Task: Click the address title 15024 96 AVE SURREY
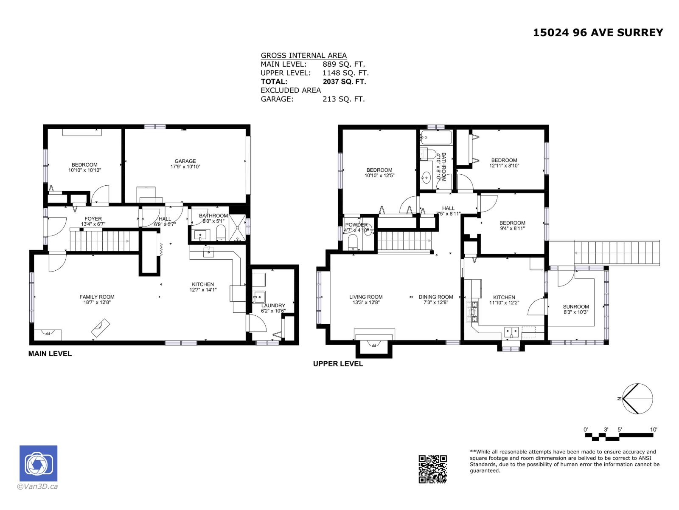click(598, 33)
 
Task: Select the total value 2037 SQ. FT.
click(344, 82)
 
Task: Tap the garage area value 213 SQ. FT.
click(343, 99)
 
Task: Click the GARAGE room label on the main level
click(185, 161)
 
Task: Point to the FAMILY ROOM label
click(97, 297)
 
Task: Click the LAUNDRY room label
click(273, 306)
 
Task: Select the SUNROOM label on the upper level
click(575, 307)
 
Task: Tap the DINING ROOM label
click(435, 297)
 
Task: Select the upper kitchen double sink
click(512, 331)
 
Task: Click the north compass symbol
click(637, 399)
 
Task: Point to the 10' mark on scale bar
click(654, 430)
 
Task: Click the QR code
click(432, 469)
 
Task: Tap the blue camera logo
click(38, 463)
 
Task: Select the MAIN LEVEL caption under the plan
click(50, 354)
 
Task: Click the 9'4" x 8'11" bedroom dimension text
click(512, 228)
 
